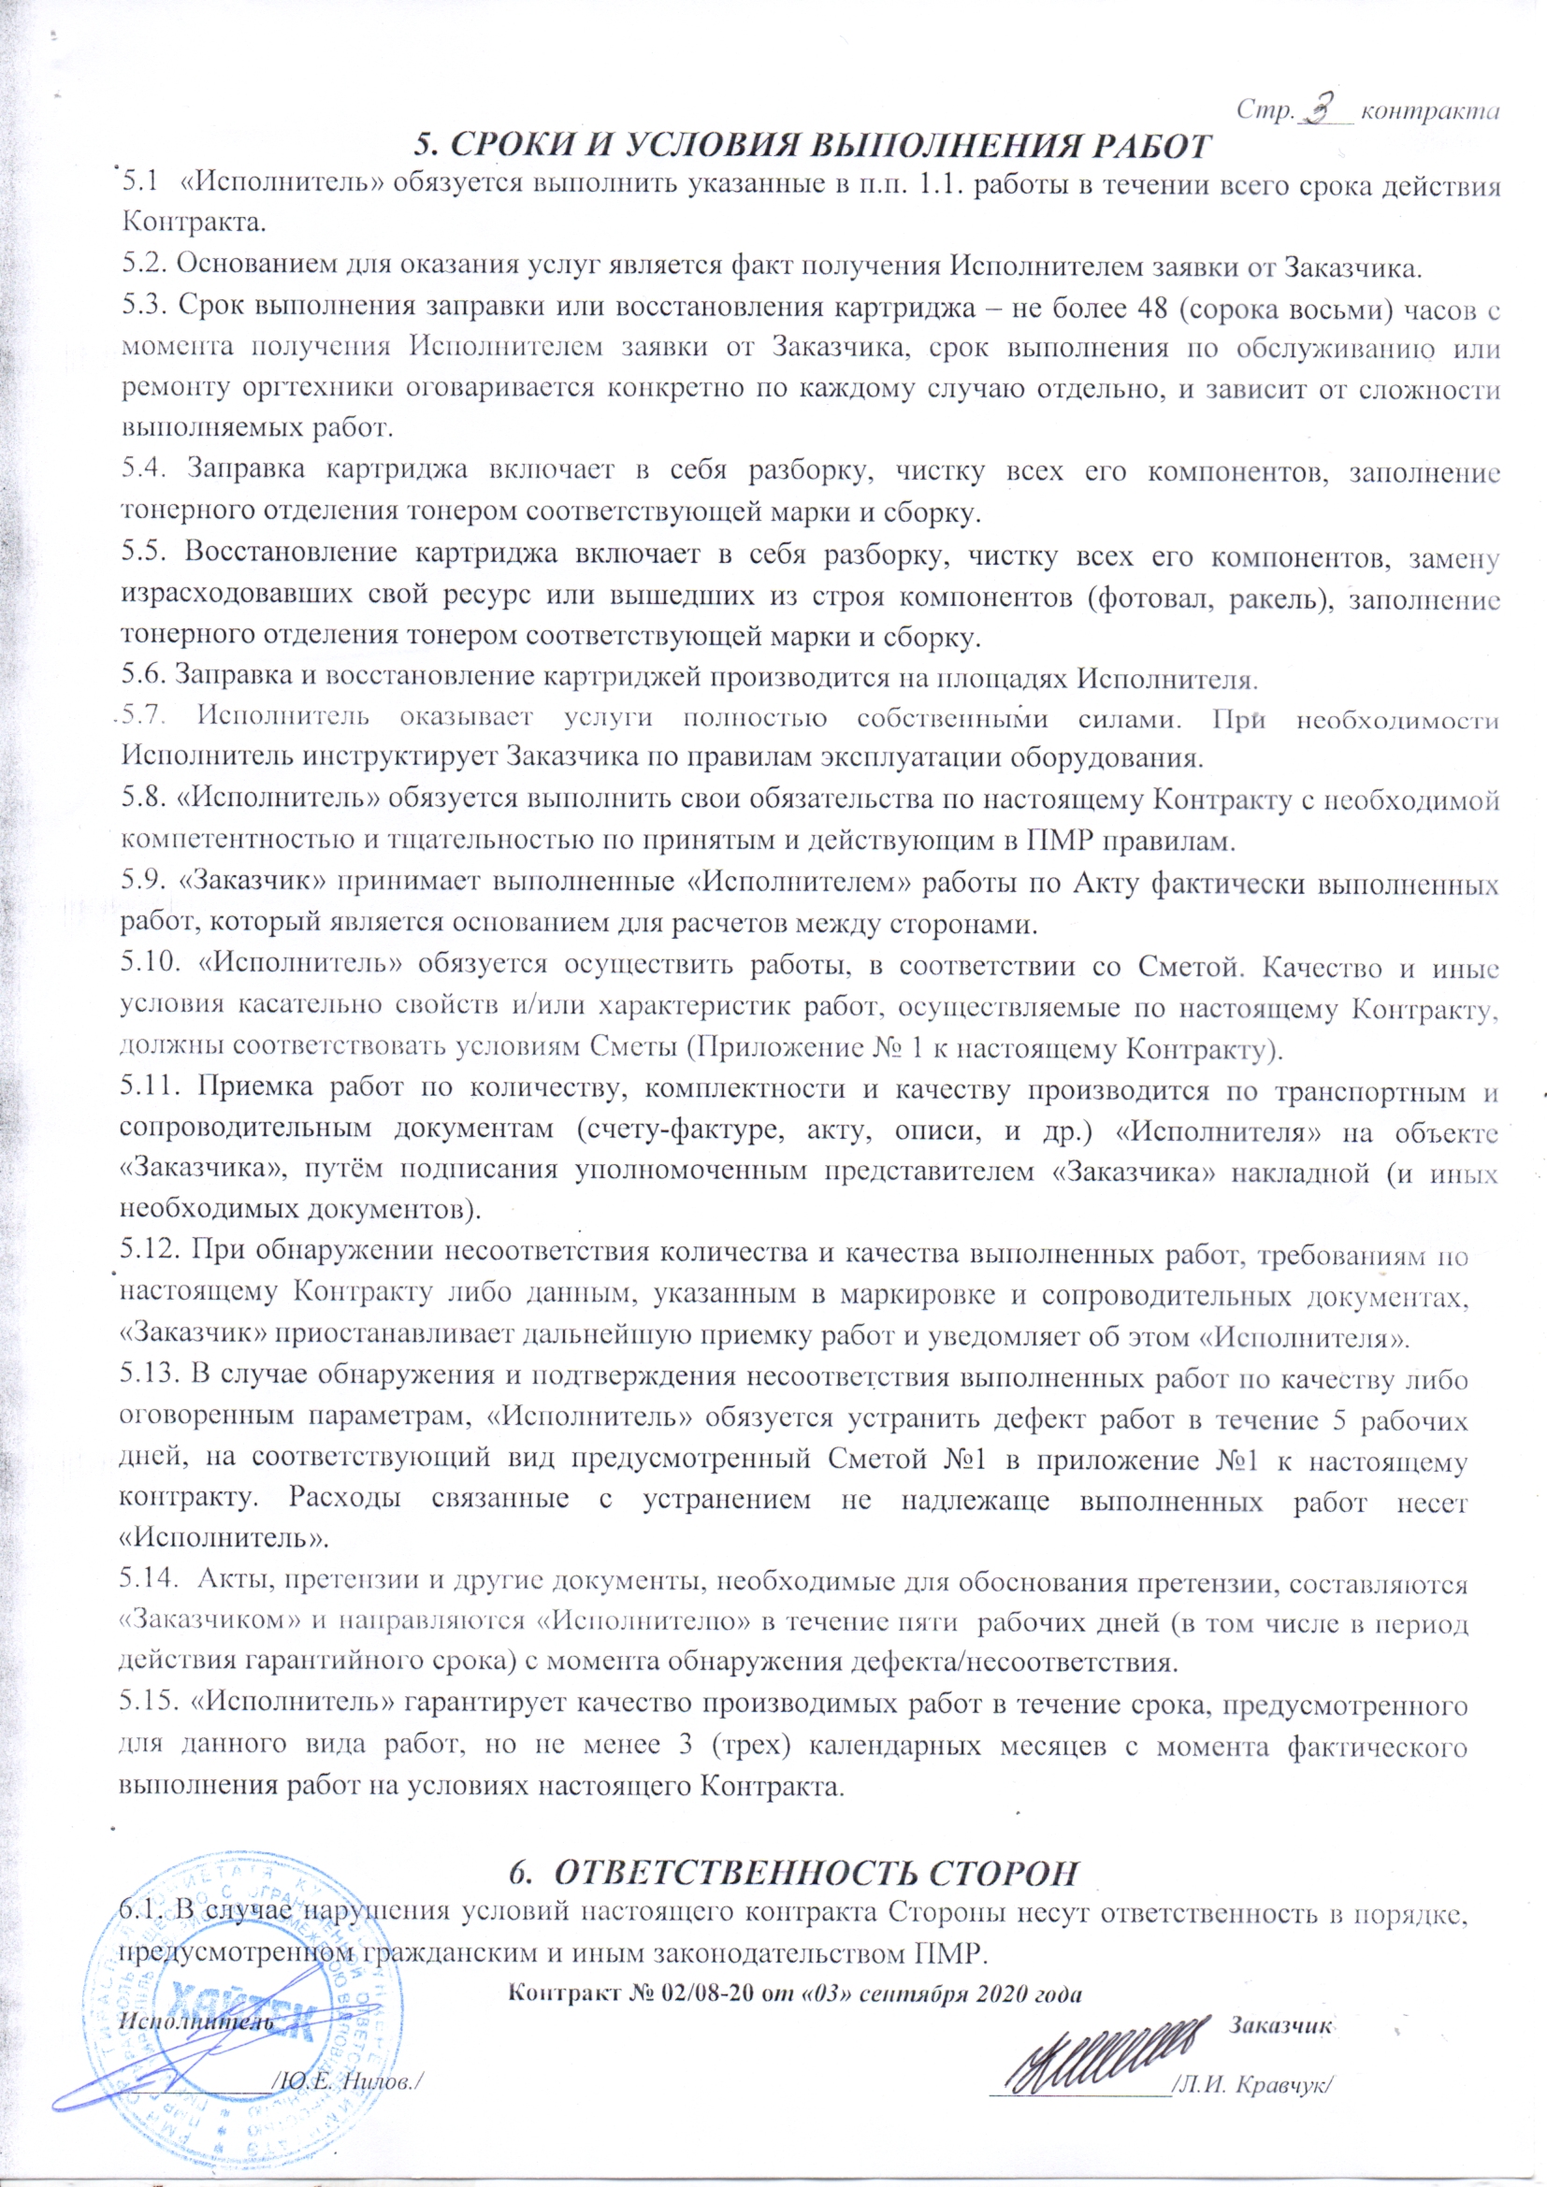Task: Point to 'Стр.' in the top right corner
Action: point(1263,111)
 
